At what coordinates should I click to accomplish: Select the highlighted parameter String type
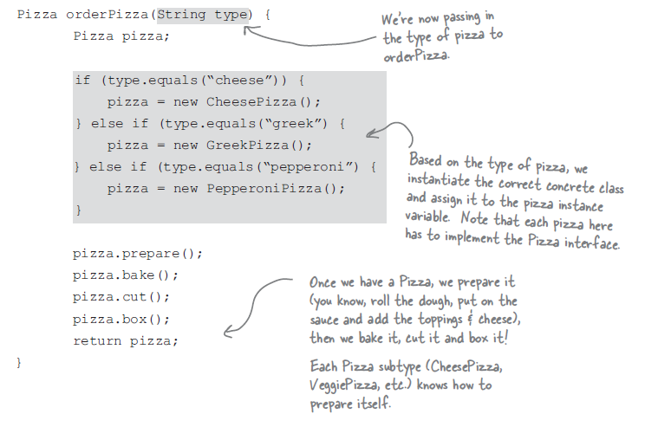click(201, 16)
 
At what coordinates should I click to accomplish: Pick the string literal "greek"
click(287, 124)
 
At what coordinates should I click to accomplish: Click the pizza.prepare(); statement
click(138, 254)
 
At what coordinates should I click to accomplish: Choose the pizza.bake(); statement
click(126, 275)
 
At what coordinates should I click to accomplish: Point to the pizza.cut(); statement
click(122, 297)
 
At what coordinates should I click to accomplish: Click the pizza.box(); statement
click(122, 319)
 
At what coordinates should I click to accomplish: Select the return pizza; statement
click(126, 340)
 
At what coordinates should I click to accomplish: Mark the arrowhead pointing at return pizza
click(227, 332)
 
